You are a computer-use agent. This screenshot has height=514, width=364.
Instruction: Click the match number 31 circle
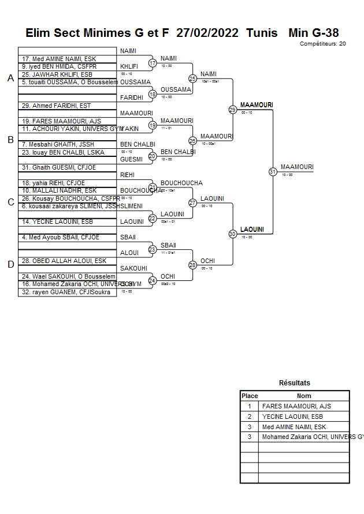[x=273, y=171]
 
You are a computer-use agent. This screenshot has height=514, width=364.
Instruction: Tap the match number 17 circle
[x=153, y=63]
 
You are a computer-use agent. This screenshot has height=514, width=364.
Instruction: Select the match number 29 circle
[x=233, y=110]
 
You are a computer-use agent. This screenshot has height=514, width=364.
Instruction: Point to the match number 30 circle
[x=233, y=234]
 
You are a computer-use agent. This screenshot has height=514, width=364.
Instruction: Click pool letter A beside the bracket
[x=10, y=78]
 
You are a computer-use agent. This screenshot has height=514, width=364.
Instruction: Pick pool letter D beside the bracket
[x=10, y=264]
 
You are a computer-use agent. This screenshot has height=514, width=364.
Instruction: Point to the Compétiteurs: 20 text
[x=323, y=44]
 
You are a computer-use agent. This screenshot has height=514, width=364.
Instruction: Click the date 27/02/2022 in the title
[x=207, y=33]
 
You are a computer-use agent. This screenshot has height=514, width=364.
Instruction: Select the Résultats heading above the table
[x=295, y=382]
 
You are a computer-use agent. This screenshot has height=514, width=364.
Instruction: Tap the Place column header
[x=250, y=396]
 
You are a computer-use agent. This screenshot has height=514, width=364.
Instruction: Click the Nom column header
[x=304, y=396]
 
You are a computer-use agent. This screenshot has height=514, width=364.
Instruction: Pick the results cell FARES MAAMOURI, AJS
[x=296, y=406]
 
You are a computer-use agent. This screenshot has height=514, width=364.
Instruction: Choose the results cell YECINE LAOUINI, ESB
[x=292, y=417]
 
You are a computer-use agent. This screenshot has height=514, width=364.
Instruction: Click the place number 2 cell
[x=250, y=417]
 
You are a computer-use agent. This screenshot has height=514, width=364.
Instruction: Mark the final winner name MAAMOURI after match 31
[x=297, y=167]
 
